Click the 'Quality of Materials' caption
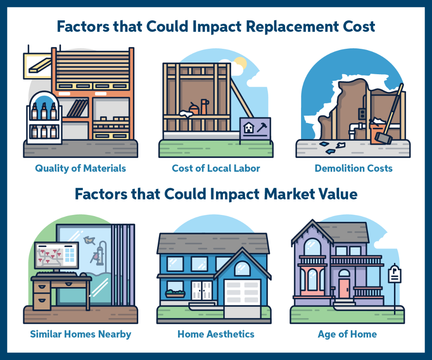coord(80,168)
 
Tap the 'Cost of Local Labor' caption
coord(216,168)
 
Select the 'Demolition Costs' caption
coord(353,168)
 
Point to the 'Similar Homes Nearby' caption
coord(80,335)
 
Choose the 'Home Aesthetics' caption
coord(216,334)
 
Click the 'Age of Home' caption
coord(347,335)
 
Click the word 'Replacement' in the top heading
coord(292,27)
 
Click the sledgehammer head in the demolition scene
coord(383,138)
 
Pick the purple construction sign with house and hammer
coord(255,128)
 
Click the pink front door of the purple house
coord(344,288)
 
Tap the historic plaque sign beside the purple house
coord(394,274)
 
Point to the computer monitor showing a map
coord(57,256)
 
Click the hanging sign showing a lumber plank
coord(38,66)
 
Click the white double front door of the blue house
coord(202,291)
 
